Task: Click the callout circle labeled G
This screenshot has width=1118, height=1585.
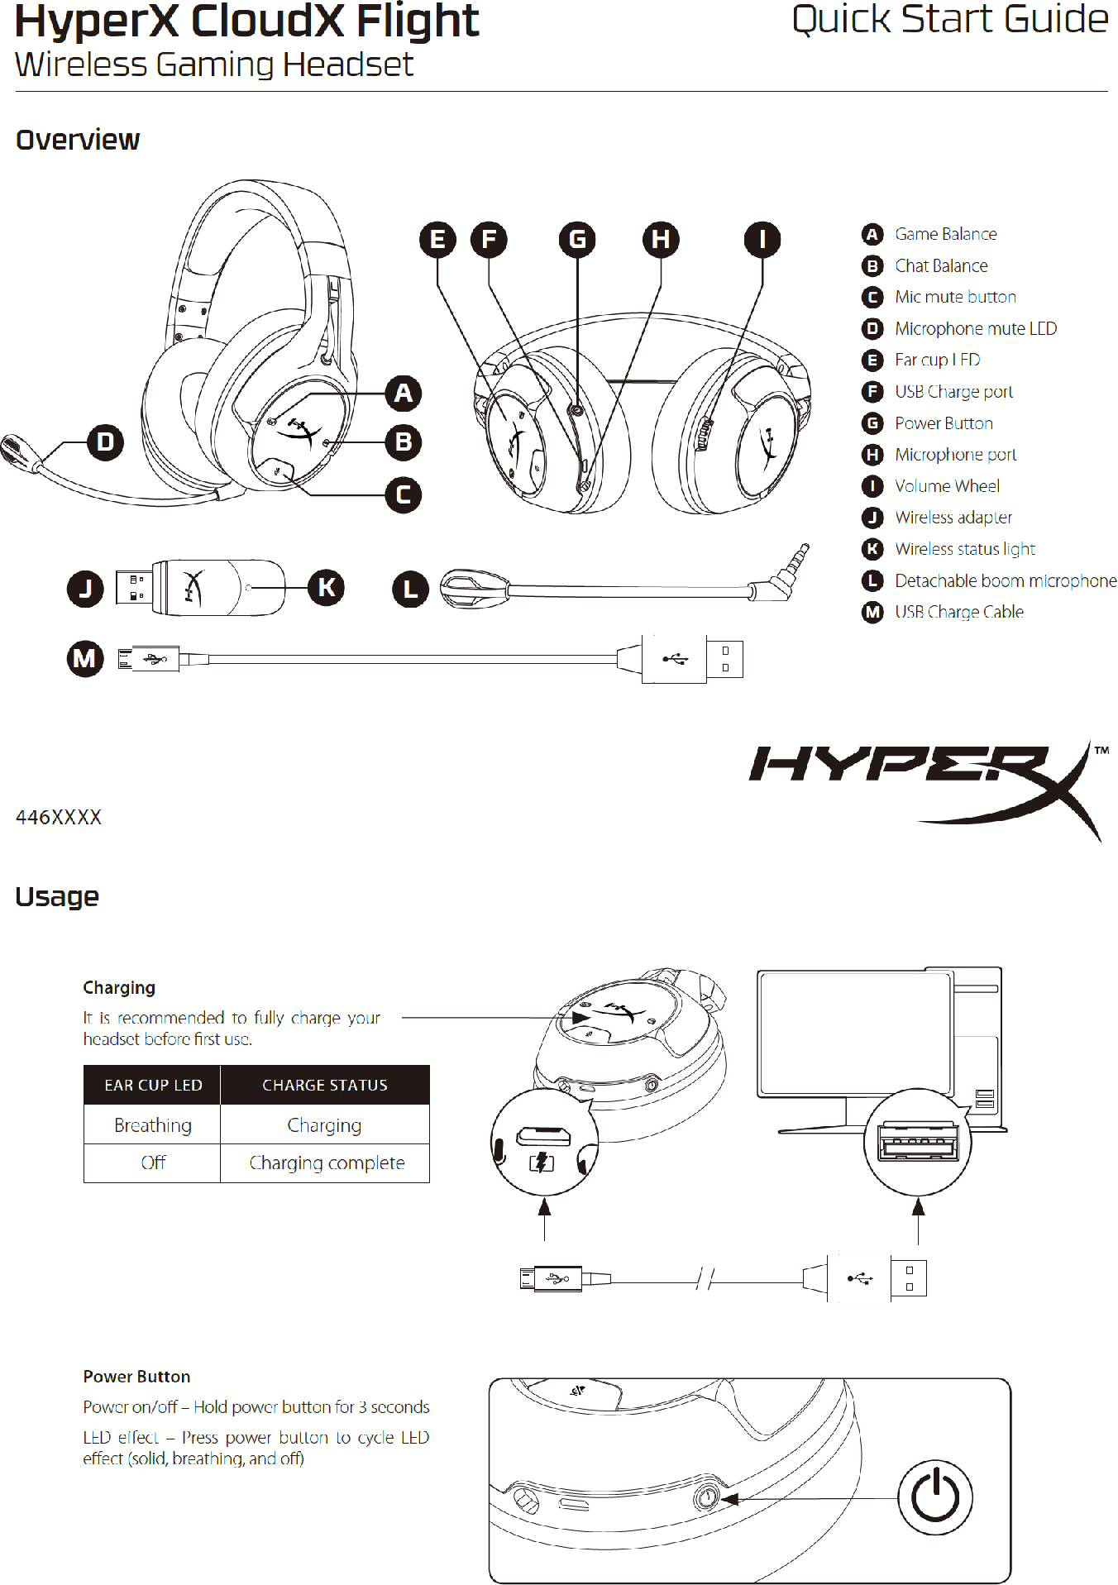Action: tap(577, 240)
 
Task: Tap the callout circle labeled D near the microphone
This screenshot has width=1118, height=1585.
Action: tap(105, 442)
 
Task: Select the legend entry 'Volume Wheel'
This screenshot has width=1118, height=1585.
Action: tap(947, 486)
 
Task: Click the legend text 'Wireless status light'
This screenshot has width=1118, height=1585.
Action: tap(964, 549)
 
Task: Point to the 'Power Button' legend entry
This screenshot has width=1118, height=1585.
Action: tap(944, 423)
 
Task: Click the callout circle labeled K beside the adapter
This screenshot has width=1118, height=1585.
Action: tap(326, 588)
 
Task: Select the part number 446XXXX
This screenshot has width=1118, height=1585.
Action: tap(59, 818)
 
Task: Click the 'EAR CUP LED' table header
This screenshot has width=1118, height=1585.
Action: tap(153, 1085)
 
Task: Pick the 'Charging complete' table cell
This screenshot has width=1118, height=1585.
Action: tap(327, 1163)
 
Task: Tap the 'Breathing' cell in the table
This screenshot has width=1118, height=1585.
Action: tap(153, 1125)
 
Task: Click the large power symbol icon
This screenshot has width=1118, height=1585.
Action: tap(934, 1497)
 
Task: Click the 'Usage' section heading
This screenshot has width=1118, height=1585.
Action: tap(57, 896)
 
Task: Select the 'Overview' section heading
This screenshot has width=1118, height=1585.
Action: tap(78, 140)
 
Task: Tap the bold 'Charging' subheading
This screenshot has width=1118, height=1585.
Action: tap(119, 987)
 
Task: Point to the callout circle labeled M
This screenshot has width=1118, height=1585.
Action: tap(84, 659)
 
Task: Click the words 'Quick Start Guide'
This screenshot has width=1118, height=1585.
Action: tap(949, 20)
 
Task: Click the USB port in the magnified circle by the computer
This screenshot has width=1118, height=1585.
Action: tap(918, 1143)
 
